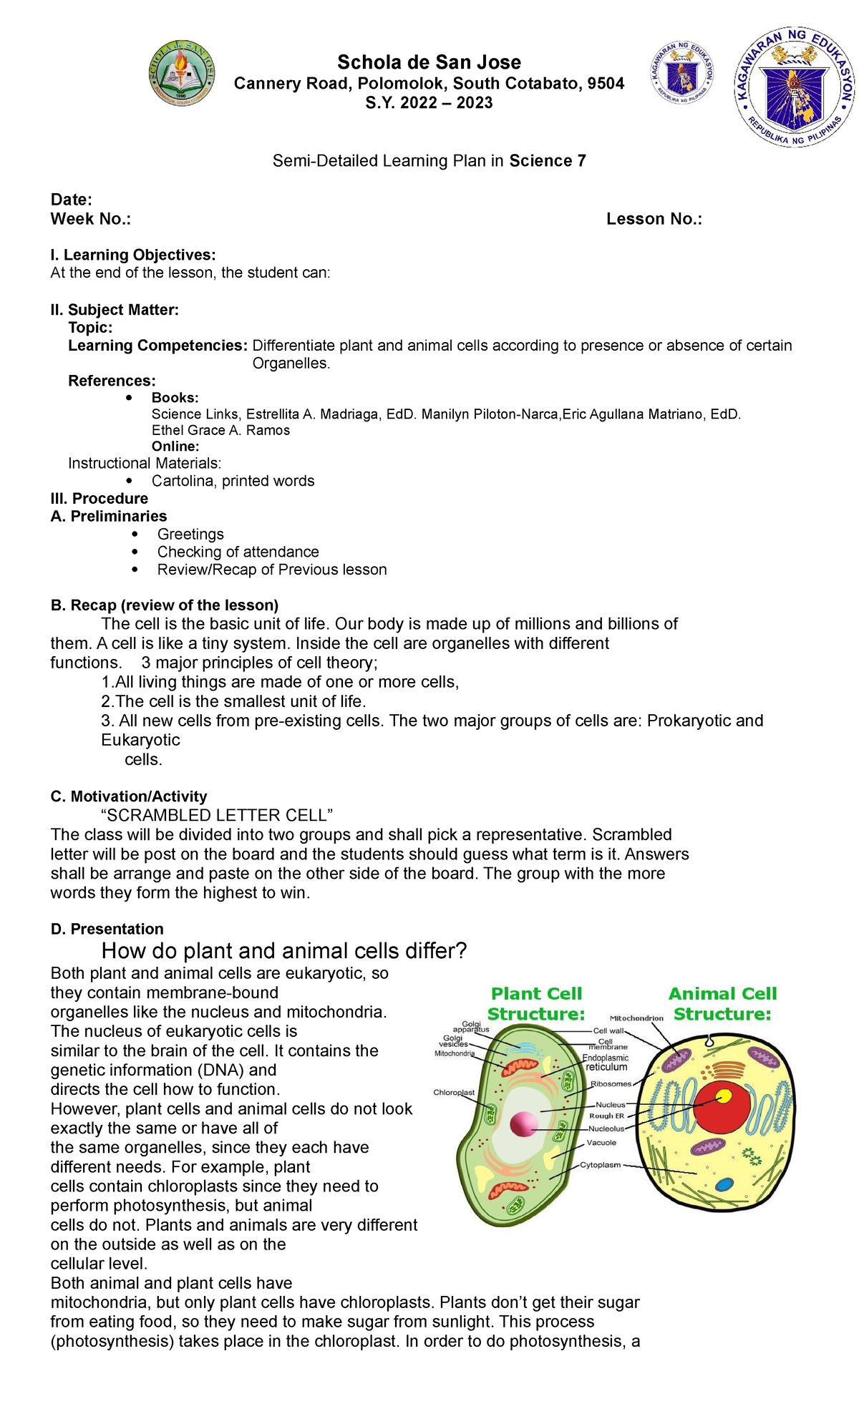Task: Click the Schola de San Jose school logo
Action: click(x=181, y=73)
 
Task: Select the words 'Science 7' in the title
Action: click(x=548, y=161)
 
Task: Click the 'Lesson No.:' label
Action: click(x=654, y=219)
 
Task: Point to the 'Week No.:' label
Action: click(x=91, y=219)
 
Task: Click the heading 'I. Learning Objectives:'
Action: click(x=133, y=255)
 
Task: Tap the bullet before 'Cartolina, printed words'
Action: click(x=129, y=480)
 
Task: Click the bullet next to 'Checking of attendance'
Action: click(x=136, y=552)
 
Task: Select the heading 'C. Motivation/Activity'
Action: click(x=129, y=796)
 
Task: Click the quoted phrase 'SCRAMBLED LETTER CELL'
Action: click(x=218, y=815)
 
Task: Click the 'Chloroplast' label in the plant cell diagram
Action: click(x=454, y=1092)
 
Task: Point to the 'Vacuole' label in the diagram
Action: click(x=601, y=1143)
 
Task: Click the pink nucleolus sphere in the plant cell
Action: click(x=523, y=1124)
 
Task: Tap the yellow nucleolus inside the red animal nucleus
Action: click(x=724, y=1096)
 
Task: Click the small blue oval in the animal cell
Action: click(x=725, y=1184)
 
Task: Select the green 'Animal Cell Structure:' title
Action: click(x=722, y=1003)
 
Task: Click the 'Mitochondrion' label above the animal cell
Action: click(x=636, y=1018)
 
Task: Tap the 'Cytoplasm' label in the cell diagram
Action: click(x=600, y=1165)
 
